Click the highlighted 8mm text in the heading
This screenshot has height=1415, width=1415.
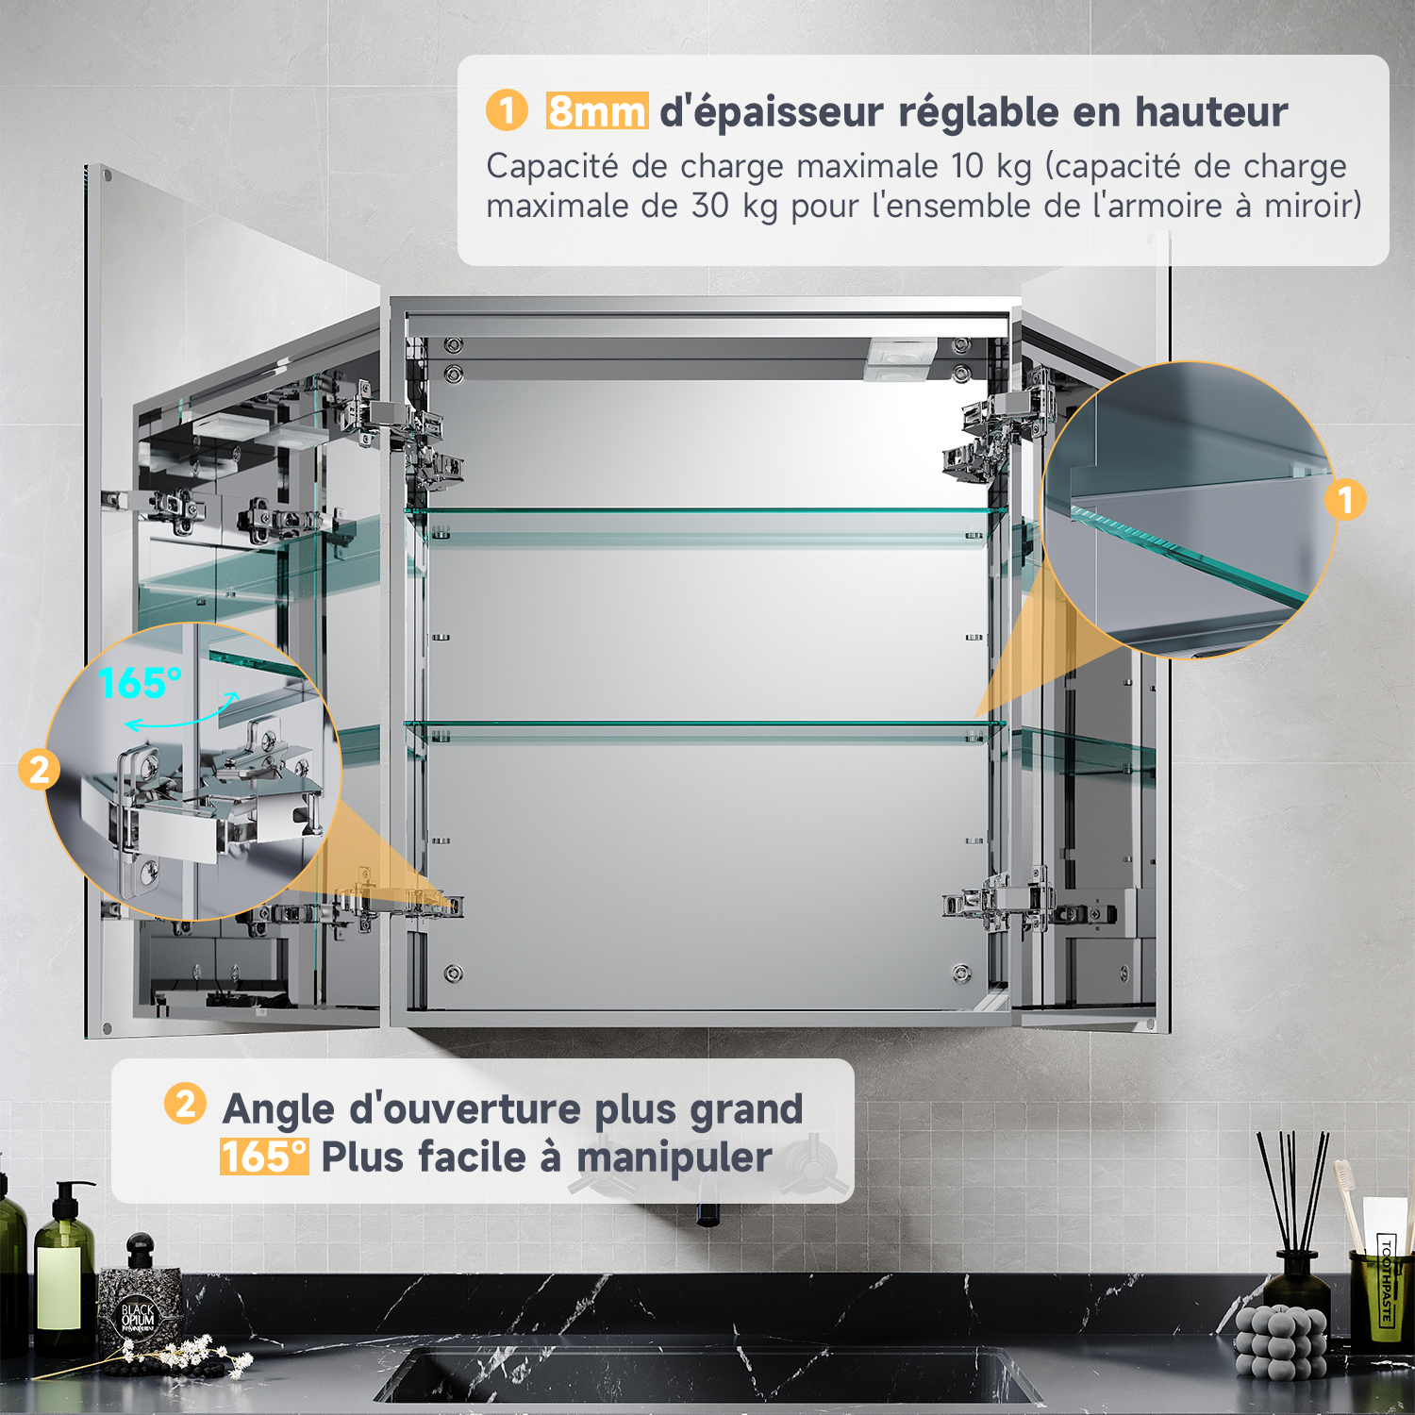click(597, 111)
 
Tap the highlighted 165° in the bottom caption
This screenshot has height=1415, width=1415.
click(264, 1157)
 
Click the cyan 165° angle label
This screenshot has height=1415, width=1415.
click(140, 683)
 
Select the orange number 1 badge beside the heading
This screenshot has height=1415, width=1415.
click(507, 110)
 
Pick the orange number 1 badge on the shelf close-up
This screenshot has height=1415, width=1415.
click(1345, 500)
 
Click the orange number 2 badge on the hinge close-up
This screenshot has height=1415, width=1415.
click(39, 770)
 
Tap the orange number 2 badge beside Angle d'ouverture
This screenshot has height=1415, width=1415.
click(185, 1104)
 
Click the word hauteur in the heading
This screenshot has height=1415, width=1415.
click(1211, 111)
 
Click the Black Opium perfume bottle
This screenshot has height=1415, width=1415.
click(140, 1297)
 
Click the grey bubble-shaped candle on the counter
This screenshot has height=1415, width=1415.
click(1279, 1340)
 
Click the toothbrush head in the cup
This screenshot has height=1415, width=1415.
click(1344, 1179)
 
